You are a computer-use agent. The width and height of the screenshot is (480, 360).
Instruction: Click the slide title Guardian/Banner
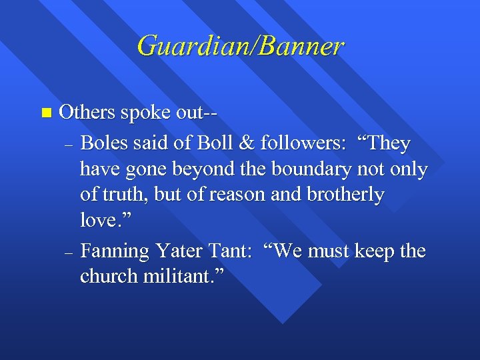click(240, 46)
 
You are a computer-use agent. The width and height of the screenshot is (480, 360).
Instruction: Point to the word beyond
click(201, 170)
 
